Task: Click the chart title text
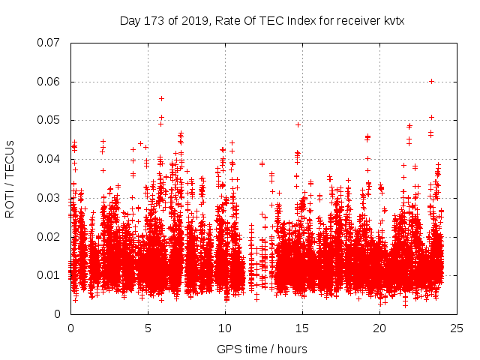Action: (x=262, y=21)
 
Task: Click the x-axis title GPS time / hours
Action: (x=262, y=349)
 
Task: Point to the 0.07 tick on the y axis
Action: (x=49, y=43)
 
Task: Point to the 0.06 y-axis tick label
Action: (x=49, y=82)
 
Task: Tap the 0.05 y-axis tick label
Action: (x=49, y=120)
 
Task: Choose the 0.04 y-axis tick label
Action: (x=49, y=159)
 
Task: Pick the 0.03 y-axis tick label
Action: (x=49, y=198)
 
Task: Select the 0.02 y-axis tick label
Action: (x=49, y=236)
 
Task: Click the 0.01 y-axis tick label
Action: (x=49, y=275)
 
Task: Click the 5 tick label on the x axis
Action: (x=148, y=328)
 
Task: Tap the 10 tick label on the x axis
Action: (x=225, y=328)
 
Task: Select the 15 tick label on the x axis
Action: (x=302, y=328)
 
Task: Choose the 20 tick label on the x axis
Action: (x=379, y=328)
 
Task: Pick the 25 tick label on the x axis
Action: (x=457, y=328)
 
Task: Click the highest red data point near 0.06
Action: (x=431, y=81)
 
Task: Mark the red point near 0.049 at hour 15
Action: (x=298, y=124)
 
